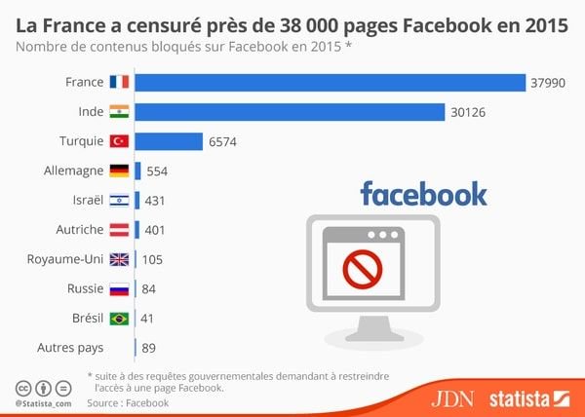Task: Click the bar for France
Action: tap(330, 84)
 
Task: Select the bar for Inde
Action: tap(290, 113)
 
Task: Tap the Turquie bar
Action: tap(168, 142)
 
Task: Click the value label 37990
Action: tap(549, 84)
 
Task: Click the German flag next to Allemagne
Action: tap(119, 171)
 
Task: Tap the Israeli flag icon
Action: tap(119, 201)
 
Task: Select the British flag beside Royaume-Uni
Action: tap(119, 259)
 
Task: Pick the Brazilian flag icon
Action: tap(119, 318)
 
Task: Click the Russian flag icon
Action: tap(119, 288)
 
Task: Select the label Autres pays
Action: tap(69, 347)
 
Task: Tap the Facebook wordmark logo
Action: tap(423, 193)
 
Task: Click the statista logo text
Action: tap(522, 398)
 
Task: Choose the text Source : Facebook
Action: tap(128, 401)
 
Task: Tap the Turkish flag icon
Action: tap(119, 142)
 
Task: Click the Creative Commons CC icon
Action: tap(21, 386)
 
